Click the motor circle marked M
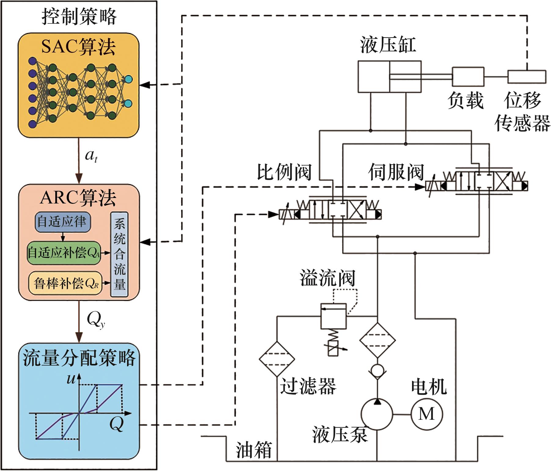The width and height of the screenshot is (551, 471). pyautogui.click(x=426, y=414)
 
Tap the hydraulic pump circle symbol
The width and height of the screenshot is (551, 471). pyautogui.click(x=377, y=414)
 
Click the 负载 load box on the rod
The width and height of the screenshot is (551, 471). pyautogui.click(x=468, y=77)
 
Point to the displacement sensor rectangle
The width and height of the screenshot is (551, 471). pyautogui.click(x=527, y=77)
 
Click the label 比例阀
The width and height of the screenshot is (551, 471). pyautogui.click(x=284, y=172)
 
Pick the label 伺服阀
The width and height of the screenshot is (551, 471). pyautogui.click(x=396, y=172)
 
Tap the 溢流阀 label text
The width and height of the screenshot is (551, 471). pyautogui.click(x=327, y=278)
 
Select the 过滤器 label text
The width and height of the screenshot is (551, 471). pyautogui.click(x=308, y=386)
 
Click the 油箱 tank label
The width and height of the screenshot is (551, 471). pyautogui.click(x=254, y=450)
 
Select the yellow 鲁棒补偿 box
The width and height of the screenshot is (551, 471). pyautogui.click(x=66, y=283)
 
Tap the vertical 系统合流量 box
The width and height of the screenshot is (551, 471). pyautogui.click(x=119, y=254)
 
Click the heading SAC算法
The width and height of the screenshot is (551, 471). pyautogui.click(x=78, y=47)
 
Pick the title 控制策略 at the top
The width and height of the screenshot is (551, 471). pyautogui.click(x=79, y=16)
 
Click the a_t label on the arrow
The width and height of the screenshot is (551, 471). pyautogui.click(x=91, y=156)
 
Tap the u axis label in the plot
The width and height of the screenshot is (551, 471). pyautogui.click(x=71, y=379)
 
